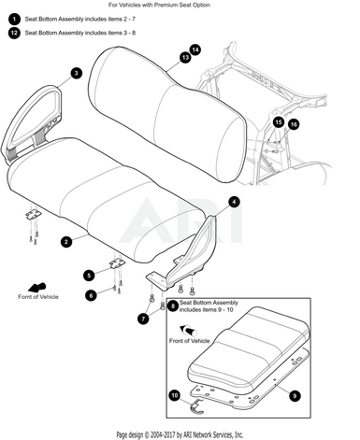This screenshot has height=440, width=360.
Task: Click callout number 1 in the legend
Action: coord(14,19)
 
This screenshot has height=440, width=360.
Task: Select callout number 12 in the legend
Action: coord(14,33)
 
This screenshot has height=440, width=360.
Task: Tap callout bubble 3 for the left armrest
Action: coord(77,73)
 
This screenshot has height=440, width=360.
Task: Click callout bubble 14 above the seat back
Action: coord(195,50)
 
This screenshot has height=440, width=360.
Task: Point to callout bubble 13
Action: coord(185,58)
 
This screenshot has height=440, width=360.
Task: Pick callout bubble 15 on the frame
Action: coord(279,122)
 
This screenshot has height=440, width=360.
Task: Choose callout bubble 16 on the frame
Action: coord(294,124)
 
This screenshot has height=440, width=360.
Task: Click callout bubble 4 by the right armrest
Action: coord(234,202)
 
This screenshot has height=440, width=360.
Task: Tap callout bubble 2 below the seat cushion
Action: coord(66,242)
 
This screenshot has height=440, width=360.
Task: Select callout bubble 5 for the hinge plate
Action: coord(89,276)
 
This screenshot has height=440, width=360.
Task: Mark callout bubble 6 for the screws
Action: coord(91,295)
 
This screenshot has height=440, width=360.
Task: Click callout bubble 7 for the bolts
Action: coord(143,319)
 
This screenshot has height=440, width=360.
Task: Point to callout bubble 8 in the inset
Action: coord(173,306)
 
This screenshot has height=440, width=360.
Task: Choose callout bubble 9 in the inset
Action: coord(295,396)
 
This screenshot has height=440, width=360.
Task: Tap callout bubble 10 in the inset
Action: coord(175,395)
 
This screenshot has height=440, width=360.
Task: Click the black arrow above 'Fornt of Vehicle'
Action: coord(37,287)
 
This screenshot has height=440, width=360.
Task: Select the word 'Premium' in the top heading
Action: coord(166,5)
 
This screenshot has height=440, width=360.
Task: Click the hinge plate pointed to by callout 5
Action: coord(117,263)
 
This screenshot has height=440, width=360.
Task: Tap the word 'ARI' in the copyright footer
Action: coord(188,434)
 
